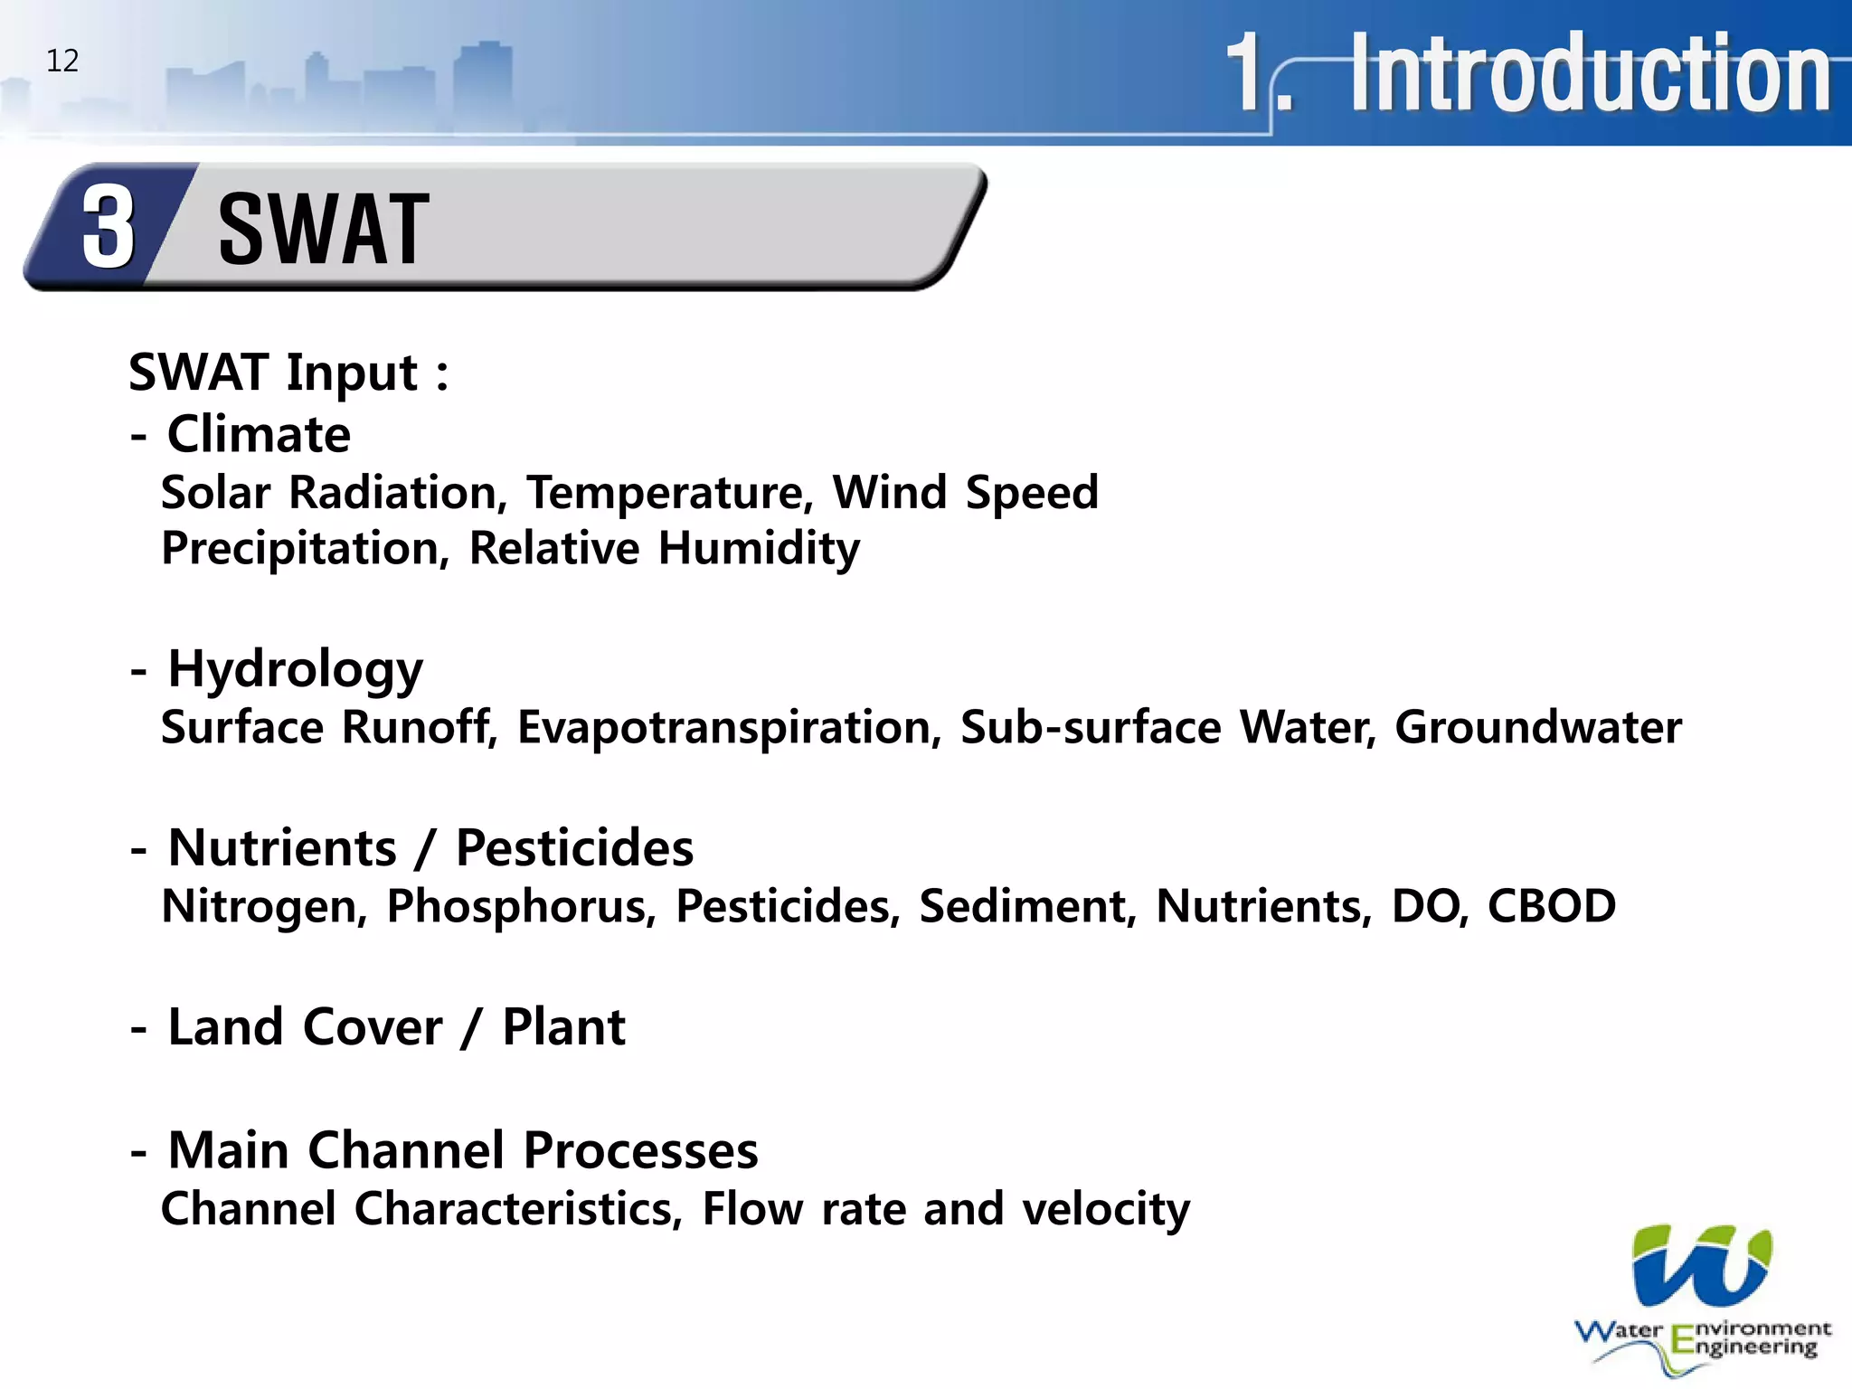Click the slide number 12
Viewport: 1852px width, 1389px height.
tap(62, 61)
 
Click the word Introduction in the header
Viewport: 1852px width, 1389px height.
tap(1590, 72)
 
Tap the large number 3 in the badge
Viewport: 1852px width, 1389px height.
tap(109, 228)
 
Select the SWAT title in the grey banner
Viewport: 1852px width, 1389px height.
tap(324, 231)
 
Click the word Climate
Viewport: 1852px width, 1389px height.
tap(259, 434)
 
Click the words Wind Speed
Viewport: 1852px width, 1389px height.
tap(965, 493)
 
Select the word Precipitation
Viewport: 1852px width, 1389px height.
tap(305, 549)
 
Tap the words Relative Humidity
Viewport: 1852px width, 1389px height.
tap(665, 548)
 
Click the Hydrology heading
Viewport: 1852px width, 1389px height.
tap(295, 670)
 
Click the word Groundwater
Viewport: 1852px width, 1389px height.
tap(1537, 727)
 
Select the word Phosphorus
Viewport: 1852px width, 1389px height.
tap(521, 906)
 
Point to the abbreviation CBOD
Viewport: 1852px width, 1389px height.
tap(1552, 906)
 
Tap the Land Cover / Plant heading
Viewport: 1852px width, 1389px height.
tap(396, 1027)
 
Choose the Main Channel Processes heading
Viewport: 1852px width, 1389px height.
tap(463, 1150)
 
